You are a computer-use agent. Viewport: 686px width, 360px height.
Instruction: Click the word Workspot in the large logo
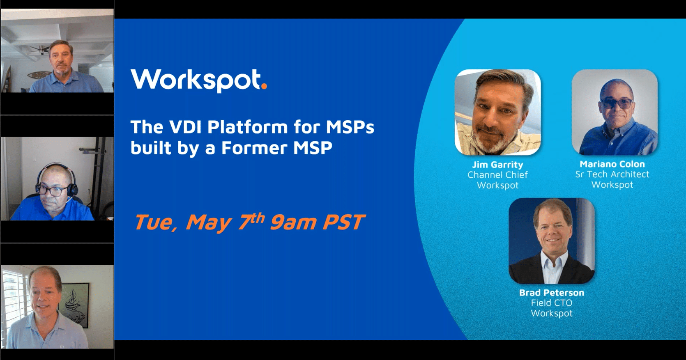pyautogui.click(x=196, y=80)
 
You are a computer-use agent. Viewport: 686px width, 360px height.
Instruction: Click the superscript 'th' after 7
pyautogui.click(x=258, y=218)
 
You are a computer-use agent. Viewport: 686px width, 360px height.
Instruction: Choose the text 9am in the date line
pyautogui.click(x=293, y=223)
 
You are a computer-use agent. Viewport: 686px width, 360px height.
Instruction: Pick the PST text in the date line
pyautogui.click(x=343, y=223)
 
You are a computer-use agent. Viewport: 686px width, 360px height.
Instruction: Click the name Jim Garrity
pyautogui.click(x=497, y=165)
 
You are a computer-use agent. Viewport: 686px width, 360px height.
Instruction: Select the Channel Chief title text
pyautogui.click(x=497, y=175)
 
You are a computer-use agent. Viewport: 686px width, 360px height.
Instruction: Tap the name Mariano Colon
pyautogui.click(x=612, y=164)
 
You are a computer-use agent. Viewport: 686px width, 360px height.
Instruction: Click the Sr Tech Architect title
pyautogui.click(x=612, y=174)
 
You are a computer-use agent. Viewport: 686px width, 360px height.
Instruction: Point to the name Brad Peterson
pyautogui.click(x=551, y=293)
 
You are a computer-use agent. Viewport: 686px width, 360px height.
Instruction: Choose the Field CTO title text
pyautogui.click(x=551, y=303)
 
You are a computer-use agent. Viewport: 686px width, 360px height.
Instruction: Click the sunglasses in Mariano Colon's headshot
pyautogui.click(x=616, y=103)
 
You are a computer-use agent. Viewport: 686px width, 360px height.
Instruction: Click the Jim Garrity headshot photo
pyautogui.click(x=497, y=112)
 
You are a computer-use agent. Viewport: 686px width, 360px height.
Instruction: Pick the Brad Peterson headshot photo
pyautogui.click(x=551, y=241)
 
